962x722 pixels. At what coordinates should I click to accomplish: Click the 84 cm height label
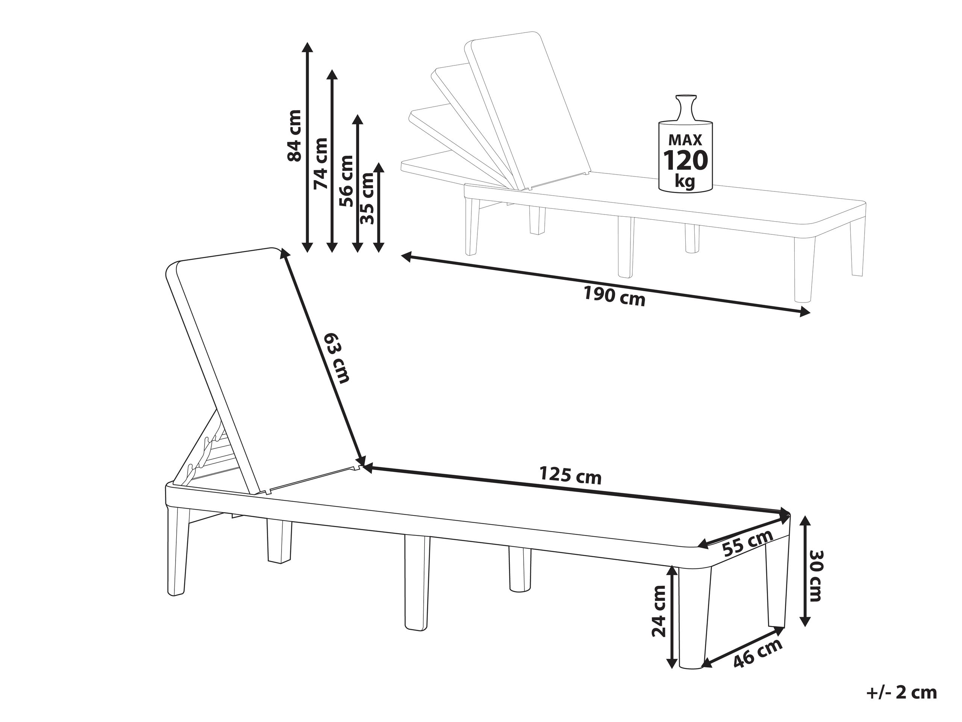coord(294,135)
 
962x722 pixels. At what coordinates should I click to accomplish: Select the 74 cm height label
coord(321,163)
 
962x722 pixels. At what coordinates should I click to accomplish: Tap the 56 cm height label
coord(347,181)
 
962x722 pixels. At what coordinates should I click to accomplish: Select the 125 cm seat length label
coord(570,475)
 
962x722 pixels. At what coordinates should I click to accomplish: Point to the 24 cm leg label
coord(659,611)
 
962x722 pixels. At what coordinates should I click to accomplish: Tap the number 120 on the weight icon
coord(685,160)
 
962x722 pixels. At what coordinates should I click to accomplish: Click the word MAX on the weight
coord(685,140)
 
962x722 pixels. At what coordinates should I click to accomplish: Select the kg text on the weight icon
coord(685,181)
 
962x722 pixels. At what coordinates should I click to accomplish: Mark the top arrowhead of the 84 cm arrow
coord(308,48)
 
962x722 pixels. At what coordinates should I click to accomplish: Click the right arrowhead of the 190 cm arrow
coord(804,311)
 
